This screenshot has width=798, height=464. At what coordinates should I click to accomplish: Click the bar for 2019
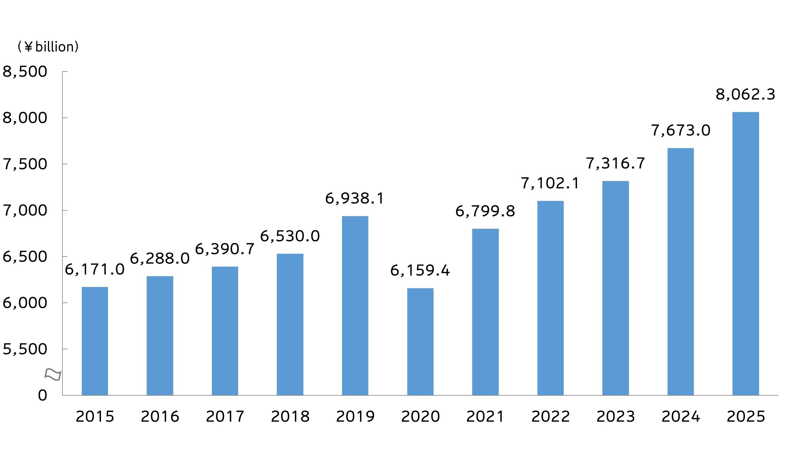click(x=355, y=306)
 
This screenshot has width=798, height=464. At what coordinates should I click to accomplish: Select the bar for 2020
click(x=420, y=342)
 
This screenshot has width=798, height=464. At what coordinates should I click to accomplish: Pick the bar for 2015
click(x=95, y=341)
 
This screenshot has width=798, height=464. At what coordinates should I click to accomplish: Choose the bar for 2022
click(x=550, y=298)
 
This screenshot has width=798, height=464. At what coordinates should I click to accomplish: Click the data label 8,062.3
click(x=745, y=94)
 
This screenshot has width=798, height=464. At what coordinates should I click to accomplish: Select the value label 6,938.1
click(x=355, y=199)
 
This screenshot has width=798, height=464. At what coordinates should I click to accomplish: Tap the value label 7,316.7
click(x=615, y=164)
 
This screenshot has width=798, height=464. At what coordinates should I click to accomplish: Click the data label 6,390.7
click(x=225, y=249)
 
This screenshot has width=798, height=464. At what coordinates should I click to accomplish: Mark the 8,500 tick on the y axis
click(x=25, y=72)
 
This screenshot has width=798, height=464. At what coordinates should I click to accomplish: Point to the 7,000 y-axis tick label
click(x=25, y=210)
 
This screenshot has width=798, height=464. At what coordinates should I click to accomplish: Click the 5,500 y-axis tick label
click(x=25, y=349)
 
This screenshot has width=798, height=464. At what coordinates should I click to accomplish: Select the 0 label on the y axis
click(x=42, y=395)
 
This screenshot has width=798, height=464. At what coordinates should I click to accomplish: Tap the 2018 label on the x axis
click(x=290, y=417)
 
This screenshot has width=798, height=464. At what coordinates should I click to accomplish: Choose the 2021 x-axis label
click(x=485, y=417)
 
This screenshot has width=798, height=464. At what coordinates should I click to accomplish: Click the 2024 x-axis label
click(x=681, y=417)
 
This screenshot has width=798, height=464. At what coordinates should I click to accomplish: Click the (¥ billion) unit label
click(x=48, y=47)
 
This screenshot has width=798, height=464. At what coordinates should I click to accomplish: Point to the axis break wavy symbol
click(x=53, y=374)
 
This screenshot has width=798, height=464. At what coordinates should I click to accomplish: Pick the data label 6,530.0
click(x=290, y=236)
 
